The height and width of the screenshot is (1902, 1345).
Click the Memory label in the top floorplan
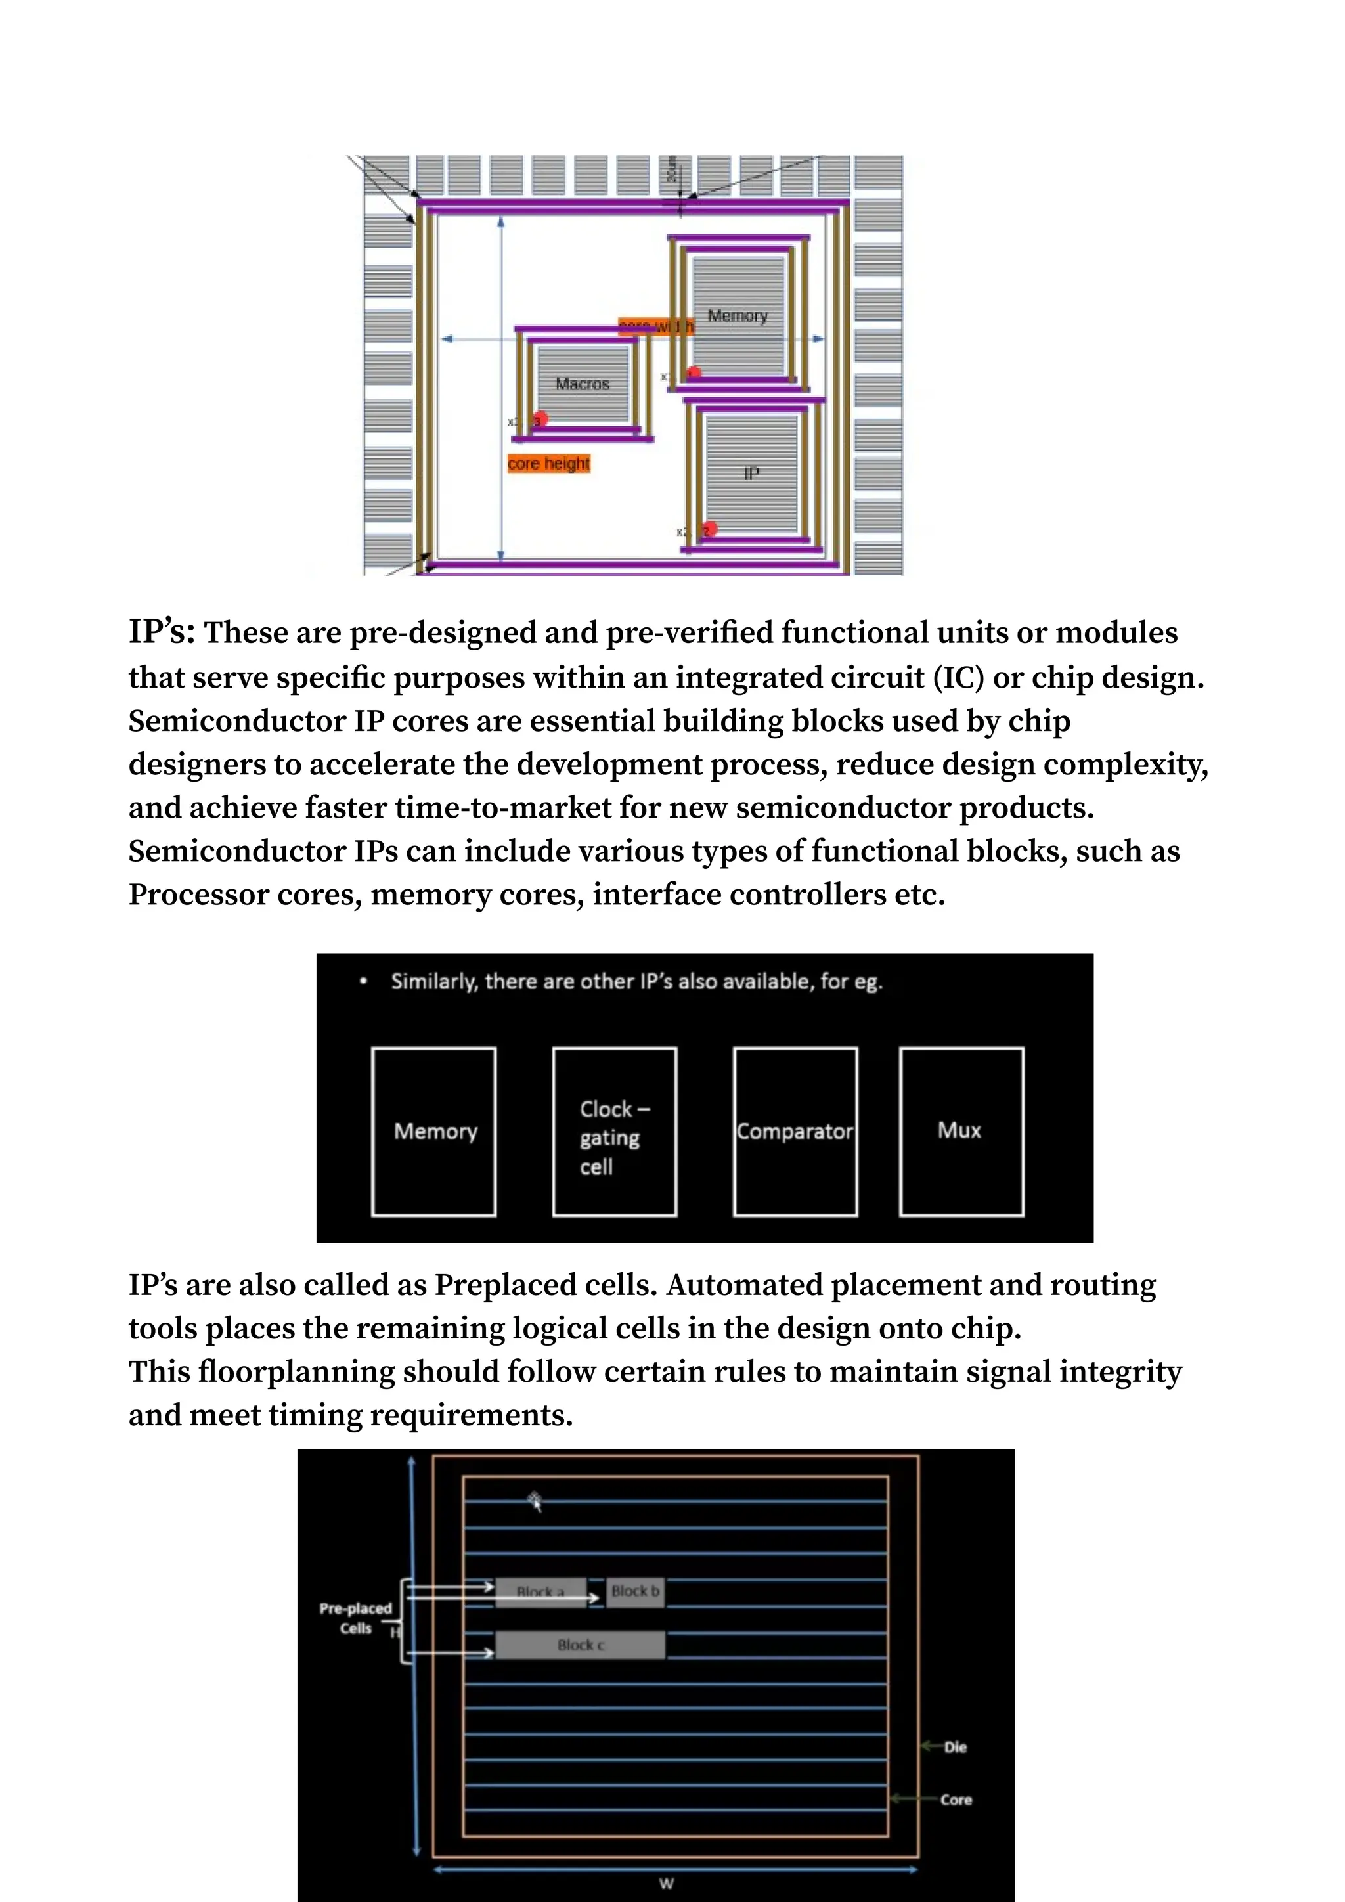pyautogui.click(x=737, y=316)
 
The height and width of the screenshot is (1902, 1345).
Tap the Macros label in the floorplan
pyautogui.click(x=583, y=384)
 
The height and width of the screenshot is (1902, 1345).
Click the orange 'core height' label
pyautogui.click(x=548, y=463)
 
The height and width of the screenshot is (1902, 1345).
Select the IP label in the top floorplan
pyautogui.click(x=751, y=473)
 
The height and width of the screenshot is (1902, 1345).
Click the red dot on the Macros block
pyautogui.click(x=540, y=419)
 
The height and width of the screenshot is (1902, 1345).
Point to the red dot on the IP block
pyautogui.click(x=709, y=529)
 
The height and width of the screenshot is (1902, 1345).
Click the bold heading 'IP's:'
pyautogui.click(x=162, y=631)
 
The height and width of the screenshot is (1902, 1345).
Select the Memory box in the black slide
pyautogui.click(x=434, y=1132)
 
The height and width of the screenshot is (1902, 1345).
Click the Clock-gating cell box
pyautogui.click(x=615, y=1132)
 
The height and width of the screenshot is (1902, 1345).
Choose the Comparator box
pyautogui.click(x=795, y=1132)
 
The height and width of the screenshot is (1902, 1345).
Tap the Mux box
pyautogui.click(x=961, y=1132)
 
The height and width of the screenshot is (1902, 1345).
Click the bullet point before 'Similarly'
pyautogui.click(x=363, y=982)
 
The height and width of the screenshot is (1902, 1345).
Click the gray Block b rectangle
pyautogui.click(x=635, y=1591)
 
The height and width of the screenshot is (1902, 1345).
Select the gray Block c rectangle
pyautogui.click(x=580, y=1645)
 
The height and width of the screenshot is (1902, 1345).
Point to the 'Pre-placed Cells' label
pyautogui.click(x=355, y=1618)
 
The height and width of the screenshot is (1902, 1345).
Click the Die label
pyautogui.click(x=955, y=1747)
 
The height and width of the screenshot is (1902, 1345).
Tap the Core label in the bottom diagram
pyautogui.click(x=956, y=1800)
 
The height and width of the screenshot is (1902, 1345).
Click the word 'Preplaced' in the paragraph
pyautogui.click(x=494, y=1285)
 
